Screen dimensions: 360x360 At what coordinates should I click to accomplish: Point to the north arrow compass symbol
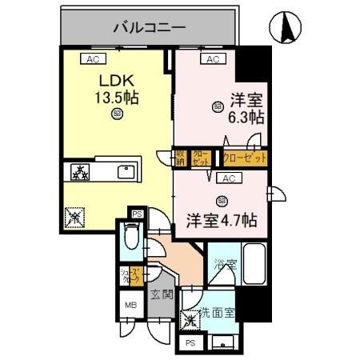coord(286,28)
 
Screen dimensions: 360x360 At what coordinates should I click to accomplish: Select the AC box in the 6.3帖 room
coord(213,59)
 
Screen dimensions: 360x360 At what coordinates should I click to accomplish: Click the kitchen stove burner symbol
coord(82,172)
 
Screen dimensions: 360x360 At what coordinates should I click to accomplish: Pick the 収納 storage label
coord(182,158)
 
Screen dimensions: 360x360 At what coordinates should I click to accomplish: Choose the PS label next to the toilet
coord(137,214)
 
